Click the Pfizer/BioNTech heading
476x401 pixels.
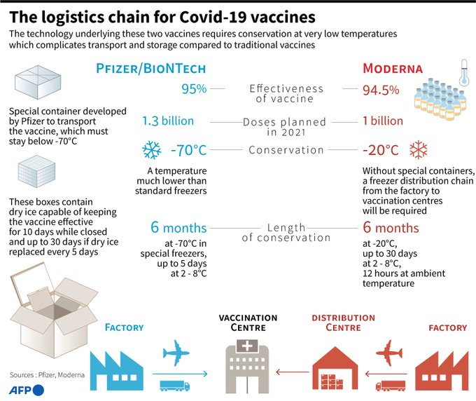(x=151, y=69)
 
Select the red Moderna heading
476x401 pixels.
(x=393, y=69)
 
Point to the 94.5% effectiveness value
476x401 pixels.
(x=381, y=90)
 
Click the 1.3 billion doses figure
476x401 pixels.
(x=168, y=121)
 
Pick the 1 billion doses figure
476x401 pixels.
(x=382, y=121)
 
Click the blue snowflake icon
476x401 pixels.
(x=151, y=150)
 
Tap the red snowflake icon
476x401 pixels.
(x=419, y=149)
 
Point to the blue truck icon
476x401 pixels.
(x=174, y=385)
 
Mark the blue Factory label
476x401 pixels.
(x=124, y=327)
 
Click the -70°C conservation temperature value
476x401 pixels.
(x=189, y=150)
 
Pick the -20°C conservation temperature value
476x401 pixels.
(x=381, y=150)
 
